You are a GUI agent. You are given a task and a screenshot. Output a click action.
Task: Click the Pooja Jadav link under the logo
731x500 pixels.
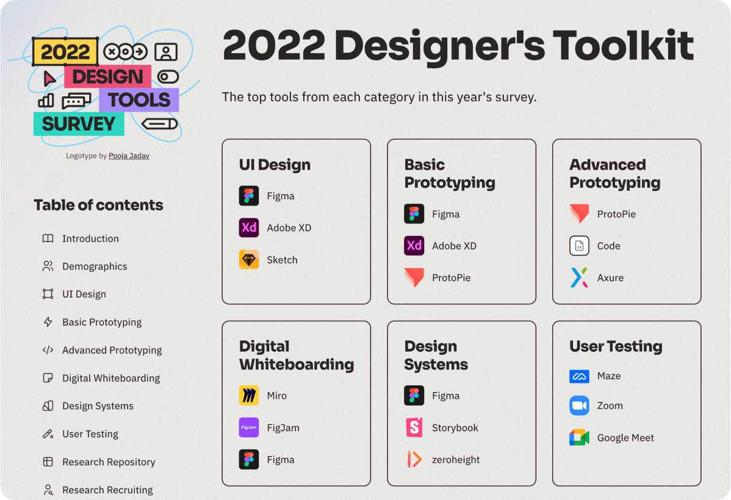pos(129,155)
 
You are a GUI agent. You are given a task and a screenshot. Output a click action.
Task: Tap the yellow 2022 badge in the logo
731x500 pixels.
pos(65,51)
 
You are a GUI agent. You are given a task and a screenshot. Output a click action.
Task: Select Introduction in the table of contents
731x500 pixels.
pos(90,238)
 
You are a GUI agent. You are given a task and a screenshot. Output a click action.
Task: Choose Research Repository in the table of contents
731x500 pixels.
pos(109,462)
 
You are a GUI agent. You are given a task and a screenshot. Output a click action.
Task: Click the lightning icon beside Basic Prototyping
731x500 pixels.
pos(48,322)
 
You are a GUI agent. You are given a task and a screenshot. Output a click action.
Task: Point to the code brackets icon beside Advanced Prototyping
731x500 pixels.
pos(48,350)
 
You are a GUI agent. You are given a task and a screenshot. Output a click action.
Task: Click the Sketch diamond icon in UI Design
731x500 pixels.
pos(249,260)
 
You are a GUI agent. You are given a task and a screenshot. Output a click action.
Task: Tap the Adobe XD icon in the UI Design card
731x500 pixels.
pos(249,228)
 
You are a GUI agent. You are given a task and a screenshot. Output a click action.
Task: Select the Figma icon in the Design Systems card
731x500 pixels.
pos(414,396)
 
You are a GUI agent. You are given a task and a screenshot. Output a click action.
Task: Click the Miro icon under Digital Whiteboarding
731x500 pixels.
pos(249,396)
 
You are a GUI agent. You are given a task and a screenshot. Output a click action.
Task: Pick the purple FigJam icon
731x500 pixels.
pos(249,427)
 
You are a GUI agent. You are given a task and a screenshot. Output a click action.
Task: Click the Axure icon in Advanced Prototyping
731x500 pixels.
pos(579,277)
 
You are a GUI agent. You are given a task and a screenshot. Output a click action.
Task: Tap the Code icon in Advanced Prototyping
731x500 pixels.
pos(579,246)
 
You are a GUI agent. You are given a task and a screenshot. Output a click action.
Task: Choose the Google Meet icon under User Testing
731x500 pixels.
pos(579,438)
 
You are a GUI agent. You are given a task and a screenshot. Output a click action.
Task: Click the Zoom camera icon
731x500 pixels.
pos(579,405)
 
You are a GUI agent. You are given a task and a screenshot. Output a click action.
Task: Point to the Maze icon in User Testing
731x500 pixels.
pos(579,376)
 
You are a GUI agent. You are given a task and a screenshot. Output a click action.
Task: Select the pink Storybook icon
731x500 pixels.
pos(414,427)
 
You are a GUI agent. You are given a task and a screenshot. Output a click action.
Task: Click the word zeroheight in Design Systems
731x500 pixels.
pos(455,460)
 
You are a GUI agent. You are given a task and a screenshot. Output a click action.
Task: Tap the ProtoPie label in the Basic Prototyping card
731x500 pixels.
pos(452,277)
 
